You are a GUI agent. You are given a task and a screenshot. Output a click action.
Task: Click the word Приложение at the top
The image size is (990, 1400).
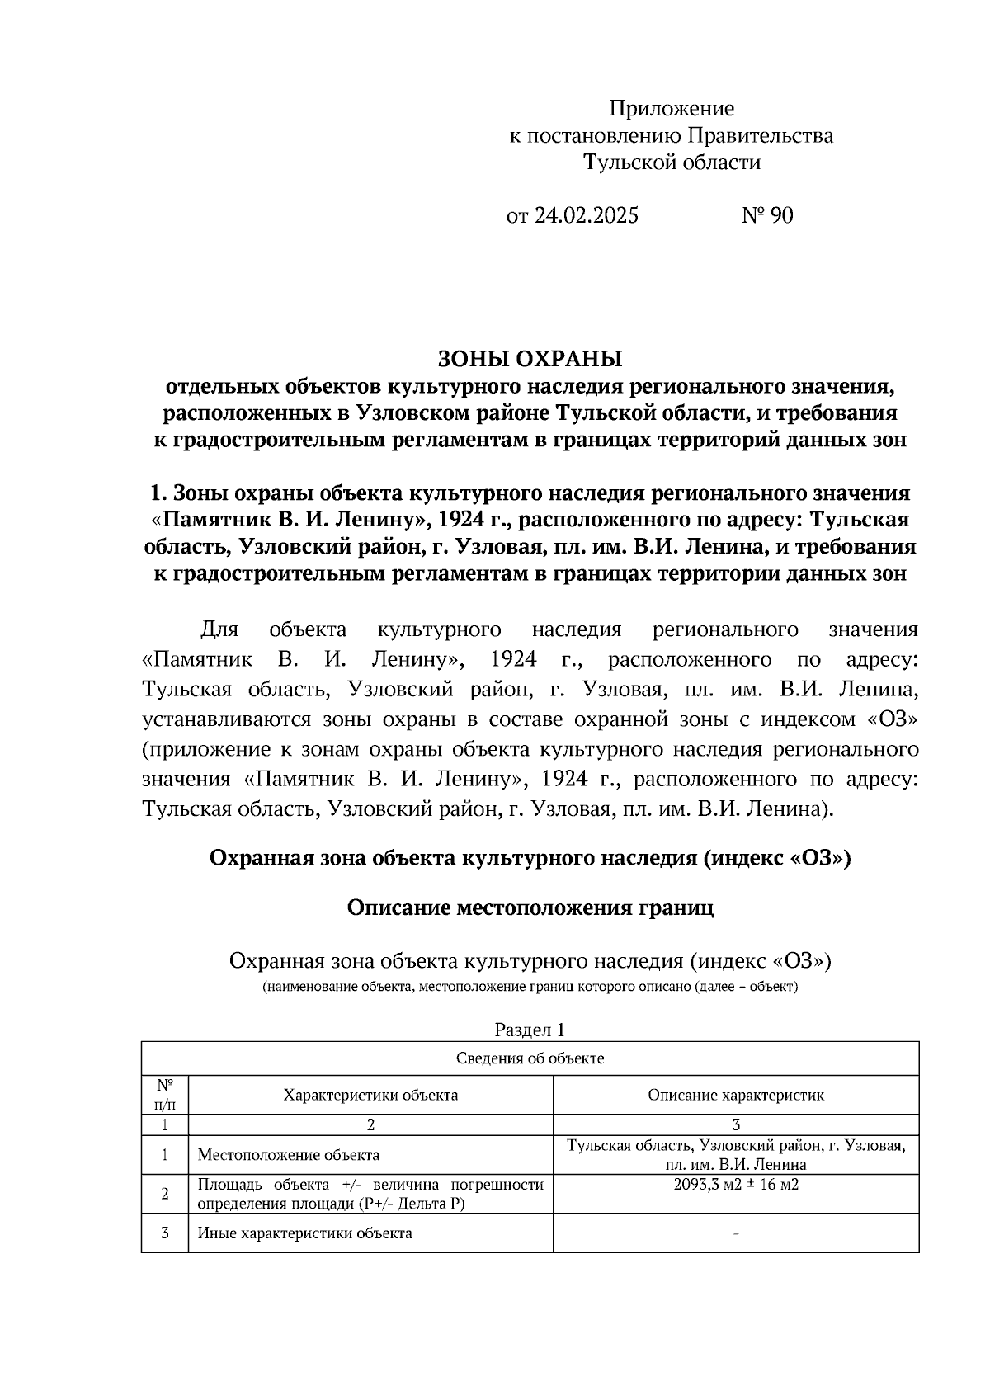[671, 109]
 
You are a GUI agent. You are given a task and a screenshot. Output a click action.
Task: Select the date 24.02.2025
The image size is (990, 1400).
[586, 216]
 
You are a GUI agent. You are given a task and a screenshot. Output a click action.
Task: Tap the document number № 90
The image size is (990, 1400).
[767, 216]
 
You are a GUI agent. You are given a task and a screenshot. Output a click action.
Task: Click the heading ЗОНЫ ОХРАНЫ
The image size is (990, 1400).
[529, 359]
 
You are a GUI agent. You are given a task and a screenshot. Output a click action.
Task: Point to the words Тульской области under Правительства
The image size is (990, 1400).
[672, 163]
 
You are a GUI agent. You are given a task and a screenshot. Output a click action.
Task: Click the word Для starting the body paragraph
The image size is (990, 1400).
[219, 630]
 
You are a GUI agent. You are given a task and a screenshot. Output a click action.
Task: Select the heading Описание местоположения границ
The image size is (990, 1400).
[530, 908]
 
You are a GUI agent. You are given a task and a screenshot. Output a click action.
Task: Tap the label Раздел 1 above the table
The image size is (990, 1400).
[529, 1030]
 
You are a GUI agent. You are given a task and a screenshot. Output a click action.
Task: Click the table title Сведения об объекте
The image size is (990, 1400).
[529, 1058]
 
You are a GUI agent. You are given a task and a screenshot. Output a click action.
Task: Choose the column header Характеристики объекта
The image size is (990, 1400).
[370, 1096]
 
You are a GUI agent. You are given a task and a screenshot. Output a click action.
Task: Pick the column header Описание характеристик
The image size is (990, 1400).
[735, 1096]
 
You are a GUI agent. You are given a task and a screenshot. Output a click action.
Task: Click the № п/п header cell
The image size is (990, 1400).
[165, 1095]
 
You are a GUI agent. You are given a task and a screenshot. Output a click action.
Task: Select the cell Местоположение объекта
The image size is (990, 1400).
[289, 1155]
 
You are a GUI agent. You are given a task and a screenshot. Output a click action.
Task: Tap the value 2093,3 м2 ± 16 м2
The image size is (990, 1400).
[735, 1186]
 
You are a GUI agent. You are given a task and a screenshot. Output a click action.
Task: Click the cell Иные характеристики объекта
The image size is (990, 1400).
[304, 1233]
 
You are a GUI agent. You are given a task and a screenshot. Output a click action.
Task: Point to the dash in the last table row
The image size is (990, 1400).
[735, 1234]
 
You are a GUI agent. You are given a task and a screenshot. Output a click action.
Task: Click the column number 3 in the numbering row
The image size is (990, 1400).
[735, 1124]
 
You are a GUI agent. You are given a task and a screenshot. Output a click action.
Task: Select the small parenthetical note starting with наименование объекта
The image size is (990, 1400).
[530, 987]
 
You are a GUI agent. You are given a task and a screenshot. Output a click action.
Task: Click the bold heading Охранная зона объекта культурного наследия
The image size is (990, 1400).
[530, 859]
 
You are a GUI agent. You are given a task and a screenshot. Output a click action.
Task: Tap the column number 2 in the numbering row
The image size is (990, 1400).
[370, 1124]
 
